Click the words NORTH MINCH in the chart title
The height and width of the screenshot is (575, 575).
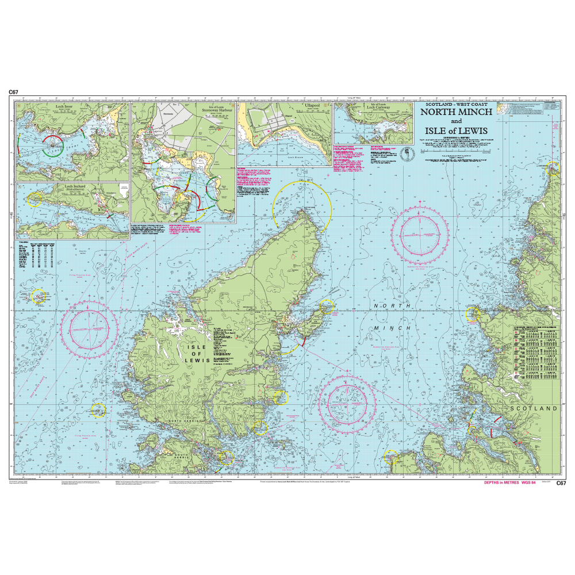(x=456, y=113)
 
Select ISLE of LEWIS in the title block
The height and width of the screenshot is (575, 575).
(x=456, y=131)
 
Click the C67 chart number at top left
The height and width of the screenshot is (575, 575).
(x=14, y=92)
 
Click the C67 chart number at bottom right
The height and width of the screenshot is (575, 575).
(x=561, y=483)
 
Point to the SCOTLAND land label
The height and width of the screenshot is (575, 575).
(x=534, y=408)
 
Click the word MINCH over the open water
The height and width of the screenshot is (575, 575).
(x=392, y=328)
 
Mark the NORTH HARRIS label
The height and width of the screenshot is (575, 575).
(x=183, y=423)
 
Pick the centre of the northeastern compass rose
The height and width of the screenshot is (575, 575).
(x=424, y=232)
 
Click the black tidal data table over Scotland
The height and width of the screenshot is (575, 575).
(x=535, y=351)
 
